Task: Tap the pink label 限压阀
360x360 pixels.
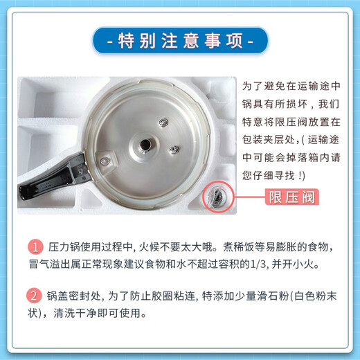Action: coord(291,197)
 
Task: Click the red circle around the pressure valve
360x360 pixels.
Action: coord(217,197)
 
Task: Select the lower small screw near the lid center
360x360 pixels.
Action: coord(175,148)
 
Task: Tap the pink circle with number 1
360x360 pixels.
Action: coord(35,247)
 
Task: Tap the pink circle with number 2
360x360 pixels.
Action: coord(35,296)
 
